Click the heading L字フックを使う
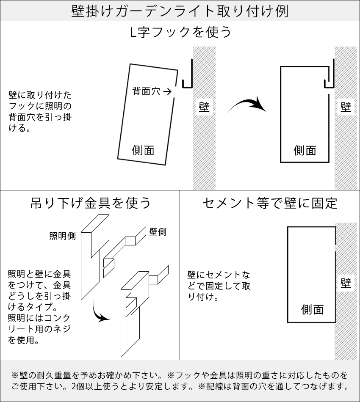point(180,33)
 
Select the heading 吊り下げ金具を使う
point(90,203)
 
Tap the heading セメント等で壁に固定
point(270,203)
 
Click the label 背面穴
point(146,91)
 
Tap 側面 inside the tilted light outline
point(143,150)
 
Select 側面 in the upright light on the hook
point(305,150)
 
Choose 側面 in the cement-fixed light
point(312,310)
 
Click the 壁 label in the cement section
point(346,283)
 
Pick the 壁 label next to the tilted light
point(204,107)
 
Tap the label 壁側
point(158,231)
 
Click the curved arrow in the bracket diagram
point(101,314)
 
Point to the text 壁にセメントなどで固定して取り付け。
point(219,286)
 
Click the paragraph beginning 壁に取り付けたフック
point(40,111)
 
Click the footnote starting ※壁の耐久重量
point(180,380)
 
